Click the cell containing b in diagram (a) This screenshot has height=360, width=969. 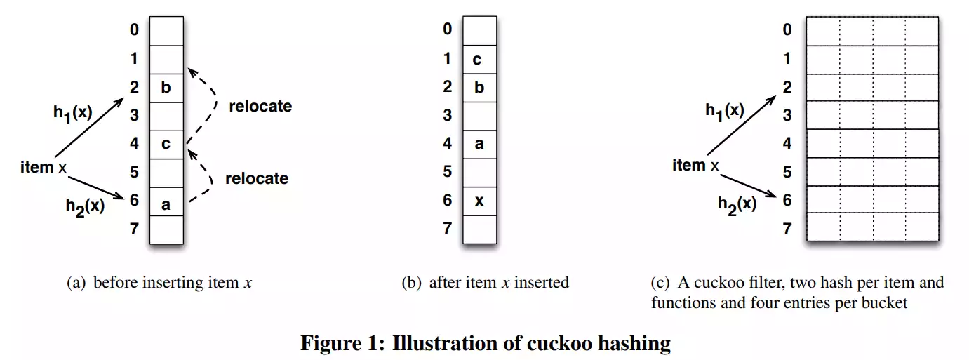point(166,88)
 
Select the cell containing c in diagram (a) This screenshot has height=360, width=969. point(166,145)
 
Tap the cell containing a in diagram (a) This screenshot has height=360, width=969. point(166,203)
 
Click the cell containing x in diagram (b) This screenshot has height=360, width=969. point(479,201)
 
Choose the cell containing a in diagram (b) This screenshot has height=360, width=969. point(479,144)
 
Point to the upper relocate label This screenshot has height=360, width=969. point(260,107)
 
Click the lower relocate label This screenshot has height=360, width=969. point(256,178)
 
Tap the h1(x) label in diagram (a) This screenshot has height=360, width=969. point(73,113)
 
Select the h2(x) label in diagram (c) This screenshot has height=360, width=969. point(737,204)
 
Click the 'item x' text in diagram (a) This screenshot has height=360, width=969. point(44,167)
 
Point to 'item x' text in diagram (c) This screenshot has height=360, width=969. point(695,165)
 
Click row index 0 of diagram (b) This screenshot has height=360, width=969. point(447,29)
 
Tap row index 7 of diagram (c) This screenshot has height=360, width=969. point(787,229)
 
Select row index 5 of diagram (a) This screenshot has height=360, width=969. point(133,172)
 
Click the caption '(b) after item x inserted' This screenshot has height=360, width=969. point(485,283)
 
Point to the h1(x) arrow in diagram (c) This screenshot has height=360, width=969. point(740,126)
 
